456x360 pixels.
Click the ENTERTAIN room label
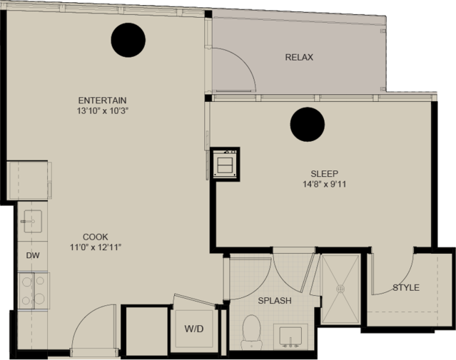(102, 101)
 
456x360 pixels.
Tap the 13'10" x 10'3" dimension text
(103, 111)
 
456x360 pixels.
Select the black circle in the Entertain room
(128, 40)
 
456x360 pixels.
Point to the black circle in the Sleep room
(308, 124)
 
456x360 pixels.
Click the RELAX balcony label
(299, 57)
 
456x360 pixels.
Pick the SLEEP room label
(325, 174)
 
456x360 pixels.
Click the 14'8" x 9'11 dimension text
(325, 184)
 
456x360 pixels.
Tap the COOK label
(96, 237)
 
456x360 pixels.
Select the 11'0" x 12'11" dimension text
(96, 247)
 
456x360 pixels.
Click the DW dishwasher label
(33, 256)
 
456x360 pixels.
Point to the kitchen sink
(32, 222)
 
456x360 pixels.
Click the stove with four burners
(34, 291)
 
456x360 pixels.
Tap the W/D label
(194, 329)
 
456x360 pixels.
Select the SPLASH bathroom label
(275, 300)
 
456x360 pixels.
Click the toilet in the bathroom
(251, 332)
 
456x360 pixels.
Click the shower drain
(340, 289)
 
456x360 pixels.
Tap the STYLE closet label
(406, 288)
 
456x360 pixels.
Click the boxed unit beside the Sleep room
(225, 164)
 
